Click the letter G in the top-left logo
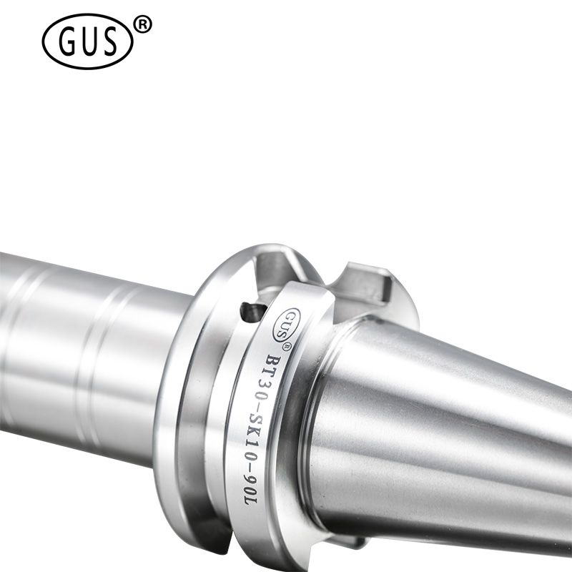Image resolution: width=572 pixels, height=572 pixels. point(67,41)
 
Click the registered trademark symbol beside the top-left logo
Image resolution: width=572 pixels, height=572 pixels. point(143,25)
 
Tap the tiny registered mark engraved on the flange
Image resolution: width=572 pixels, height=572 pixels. point(287,346)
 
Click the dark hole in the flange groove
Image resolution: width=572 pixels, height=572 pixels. point(253,313)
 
